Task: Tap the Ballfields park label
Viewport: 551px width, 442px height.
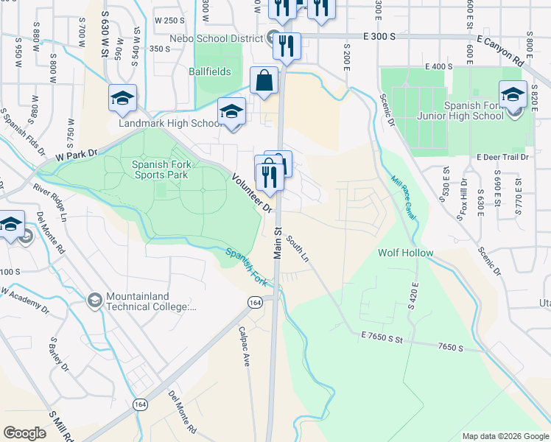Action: coord(209,72)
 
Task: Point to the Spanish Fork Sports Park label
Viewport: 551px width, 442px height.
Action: coord(160,170)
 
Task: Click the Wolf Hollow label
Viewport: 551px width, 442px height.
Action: coord(405,253)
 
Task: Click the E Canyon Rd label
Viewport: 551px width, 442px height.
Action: coord(504,49)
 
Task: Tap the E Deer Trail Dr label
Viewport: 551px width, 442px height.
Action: coord(503,158)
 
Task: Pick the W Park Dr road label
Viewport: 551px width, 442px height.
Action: coord(77,155)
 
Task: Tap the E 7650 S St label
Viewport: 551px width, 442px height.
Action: coord(384,338)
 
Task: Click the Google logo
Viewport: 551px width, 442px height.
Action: coord(24,433)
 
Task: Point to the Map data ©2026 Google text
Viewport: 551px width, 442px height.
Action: coord(505,436)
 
